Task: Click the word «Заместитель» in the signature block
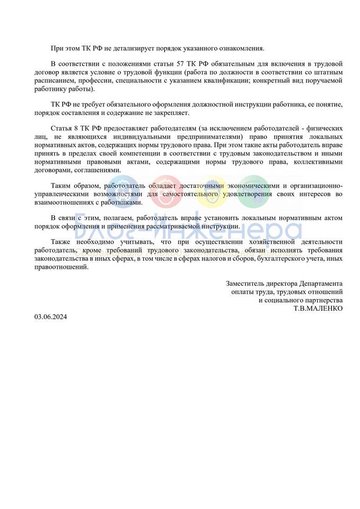pos(246,283)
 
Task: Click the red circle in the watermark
pos(166,190)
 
